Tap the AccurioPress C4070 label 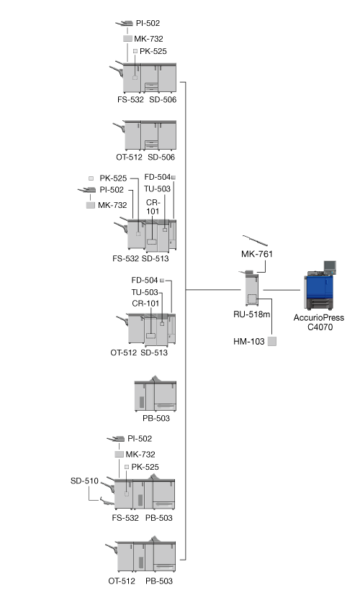(319, 322)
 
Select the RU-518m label (251, 314)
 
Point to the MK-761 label (257, 254)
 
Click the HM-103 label (249, 341)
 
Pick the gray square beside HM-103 (272, 341)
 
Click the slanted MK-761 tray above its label (255, 240)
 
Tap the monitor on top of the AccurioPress (330, 266)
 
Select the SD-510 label (84, 481)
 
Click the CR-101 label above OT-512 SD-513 (145, 304)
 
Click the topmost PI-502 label (148, 23)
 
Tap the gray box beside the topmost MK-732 (127, 39)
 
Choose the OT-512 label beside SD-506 (129, 158)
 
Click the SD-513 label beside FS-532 (155, 259)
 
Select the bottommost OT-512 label (122, 581)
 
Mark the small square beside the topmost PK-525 (135, 51)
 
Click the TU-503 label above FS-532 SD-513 (157, 188)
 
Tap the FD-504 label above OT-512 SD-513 (145, 280)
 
